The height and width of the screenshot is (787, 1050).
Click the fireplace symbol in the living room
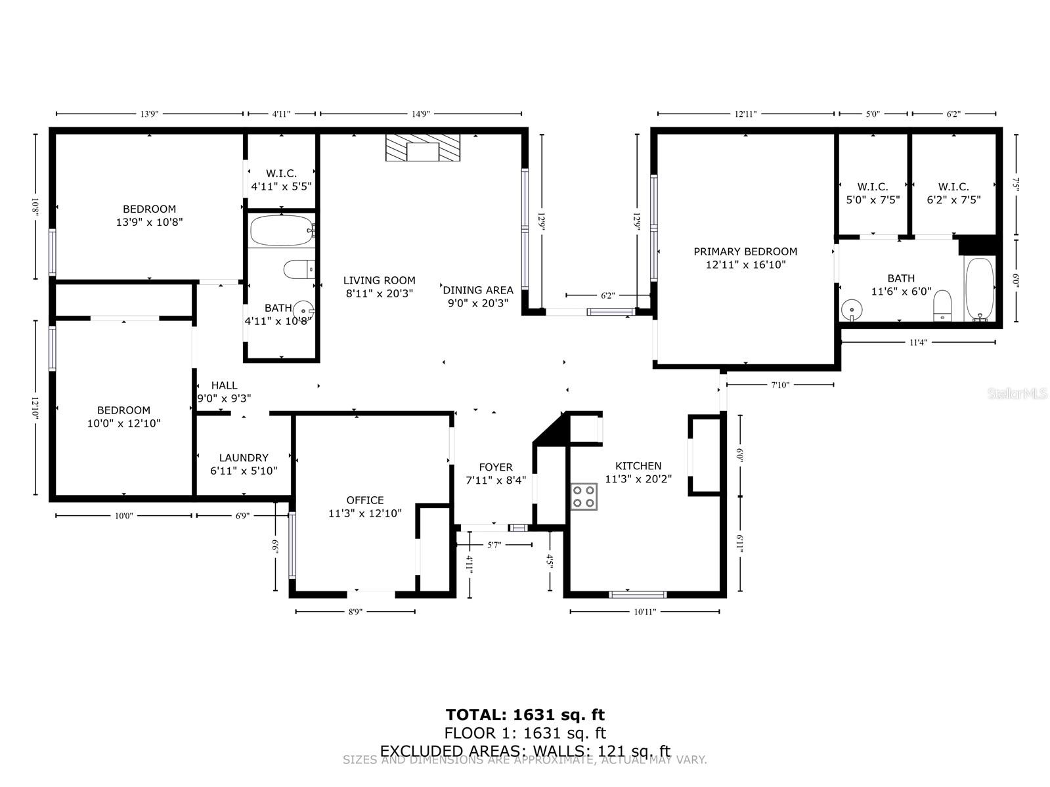coord(422,148)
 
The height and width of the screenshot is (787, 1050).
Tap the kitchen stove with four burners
coord(583,496)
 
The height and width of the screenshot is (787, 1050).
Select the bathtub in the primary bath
coord(980,289)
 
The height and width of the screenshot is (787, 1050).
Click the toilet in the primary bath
coord(942,305)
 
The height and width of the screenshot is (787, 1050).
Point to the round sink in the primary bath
coord(852,308)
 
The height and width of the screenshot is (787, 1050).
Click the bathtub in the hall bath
coord(281,230)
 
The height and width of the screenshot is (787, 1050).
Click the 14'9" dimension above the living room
coord(420,114)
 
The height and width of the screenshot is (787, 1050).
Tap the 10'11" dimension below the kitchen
coord(644,612)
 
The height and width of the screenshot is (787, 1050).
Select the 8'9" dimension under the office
coord(355,612)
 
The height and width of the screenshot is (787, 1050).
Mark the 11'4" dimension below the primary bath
coord(917,342)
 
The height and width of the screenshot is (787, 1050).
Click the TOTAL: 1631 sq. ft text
coord(525,715)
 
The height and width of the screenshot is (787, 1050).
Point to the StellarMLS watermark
coord(1017,394)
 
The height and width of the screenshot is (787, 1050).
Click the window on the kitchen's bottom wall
coord(638,595)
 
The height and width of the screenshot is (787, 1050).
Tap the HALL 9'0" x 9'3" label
coord(224,392)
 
